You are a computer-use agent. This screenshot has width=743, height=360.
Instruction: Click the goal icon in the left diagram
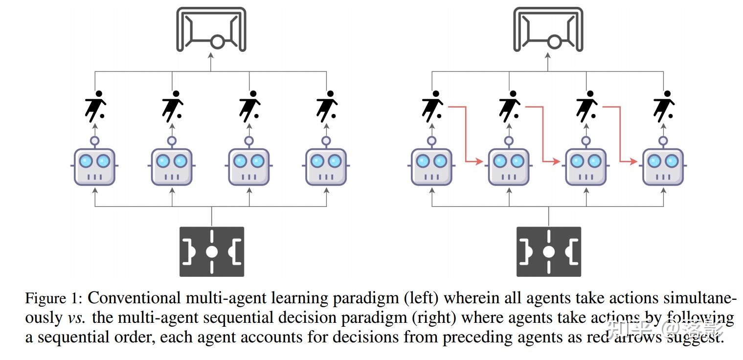pos(211,29)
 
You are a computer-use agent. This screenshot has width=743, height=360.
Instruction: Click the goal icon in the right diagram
pos(548,29)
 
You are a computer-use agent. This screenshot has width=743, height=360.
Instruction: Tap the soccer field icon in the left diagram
pos(211,251)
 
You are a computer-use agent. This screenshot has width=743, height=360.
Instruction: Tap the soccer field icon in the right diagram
pos(548,251)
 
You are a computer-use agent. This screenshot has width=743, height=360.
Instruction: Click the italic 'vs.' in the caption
pos(76,318)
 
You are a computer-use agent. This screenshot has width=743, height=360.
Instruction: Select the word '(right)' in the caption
pos(434,318)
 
